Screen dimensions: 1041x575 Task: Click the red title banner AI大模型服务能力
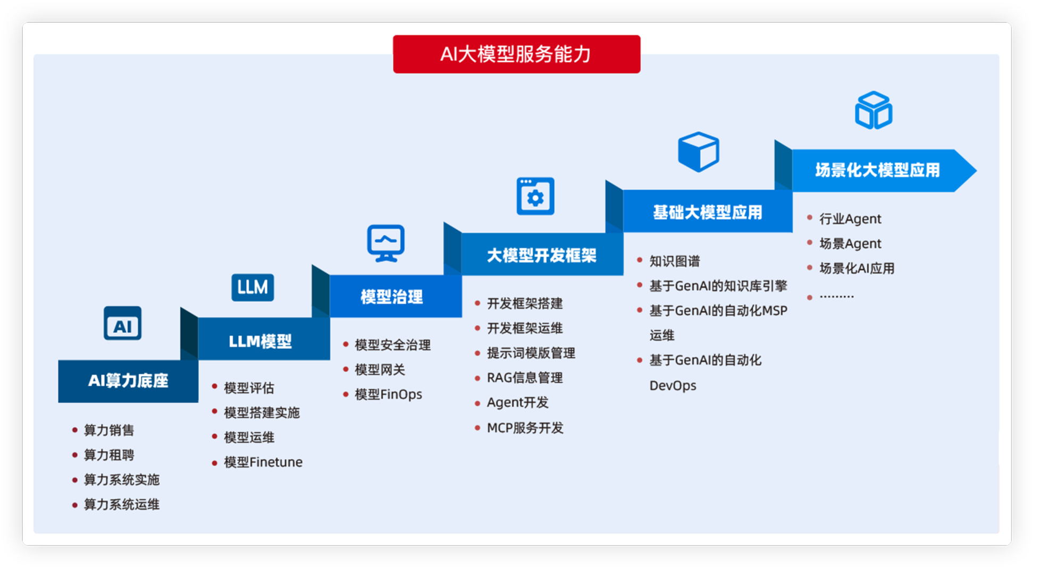516,54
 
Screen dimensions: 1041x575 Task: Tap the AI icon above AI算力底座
122,323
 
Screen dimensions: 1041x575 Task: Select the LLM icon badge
253,287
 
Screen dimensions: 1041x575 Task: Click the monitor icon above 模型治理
386,243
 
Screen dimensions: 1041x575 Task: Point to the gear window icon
535,196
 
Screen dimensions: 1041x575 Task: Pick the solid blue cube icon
699,151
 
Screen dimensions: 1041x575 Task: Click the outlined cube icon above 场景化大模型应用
874,110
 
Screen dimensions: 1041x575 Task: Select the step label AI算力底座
128,381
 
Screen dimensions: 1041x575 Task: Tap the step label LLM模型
260,341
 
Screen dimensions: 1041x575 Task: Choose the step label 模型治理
392,297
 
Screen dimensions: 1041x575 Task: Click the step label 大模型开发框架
542,256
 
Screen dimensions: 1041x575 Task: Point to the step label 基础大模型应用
708,213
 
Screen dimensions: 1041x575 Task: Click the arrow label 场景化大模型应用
878,170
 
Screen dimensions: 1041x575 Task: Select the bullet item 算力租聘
109,455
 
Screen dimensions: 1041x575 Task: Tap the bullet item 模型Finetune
263,462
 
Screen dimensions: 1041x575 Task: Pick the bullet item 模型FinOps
389,394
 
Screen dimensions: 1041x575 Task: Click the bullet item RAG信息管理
525,378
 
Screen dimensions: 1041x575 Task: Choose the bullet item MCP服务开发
525,428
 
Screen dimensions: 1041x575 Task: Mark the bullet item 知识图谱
675,261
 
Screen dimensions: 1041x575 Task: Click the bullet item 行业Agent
850,219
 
